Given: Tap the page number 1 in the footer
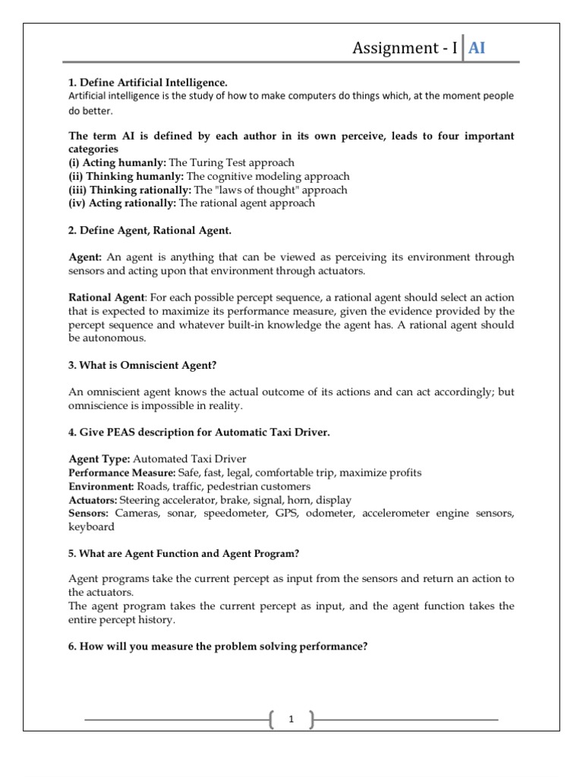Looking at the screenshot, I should tap(291, 719).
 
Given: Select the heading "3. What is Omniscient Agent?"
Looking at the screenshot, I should tap(143, 365).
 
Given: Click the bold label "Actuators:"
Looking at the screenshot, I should tap(93, 500).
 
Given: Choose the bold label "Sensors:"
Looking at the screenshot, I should tap(89, 514).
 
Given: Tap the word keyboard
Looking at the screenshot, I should tap(92, 527).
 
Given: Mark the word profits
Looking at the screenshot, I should tap(403, 473).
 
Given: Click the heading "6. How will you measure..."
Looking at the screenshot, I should tap(219, 647).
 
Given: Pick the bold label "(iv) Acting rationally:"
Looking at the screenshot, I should tap(122, 203).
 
